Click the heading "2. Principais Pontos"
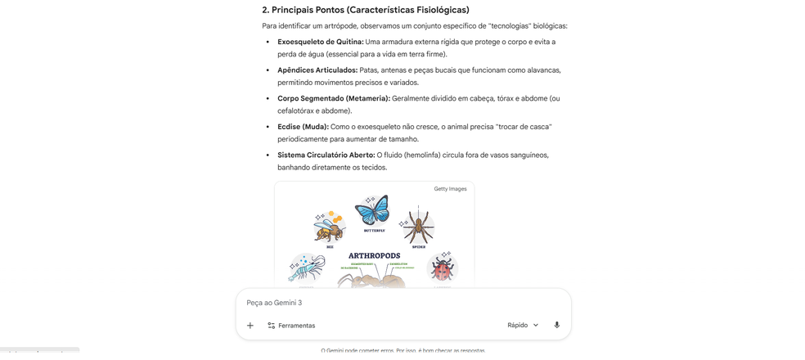[366, 10]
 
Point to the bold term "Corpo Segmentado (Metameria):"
[333, 98]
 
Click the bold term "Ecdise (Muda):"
[303, 127]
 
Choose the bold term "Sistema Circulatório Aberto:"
[326, 155]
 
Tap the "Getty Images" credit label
[450, 189]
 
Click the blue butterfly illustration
[371, 212]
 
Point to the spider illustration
[416, 227]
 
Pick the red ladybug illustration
[443, 268]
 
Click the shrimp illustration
[308, 268]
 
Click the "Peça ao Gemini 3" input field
[393, 303]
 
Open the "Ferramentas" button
[291, 326]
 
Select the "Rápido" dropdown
[523, 325]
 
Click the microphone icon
[557, 325]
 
